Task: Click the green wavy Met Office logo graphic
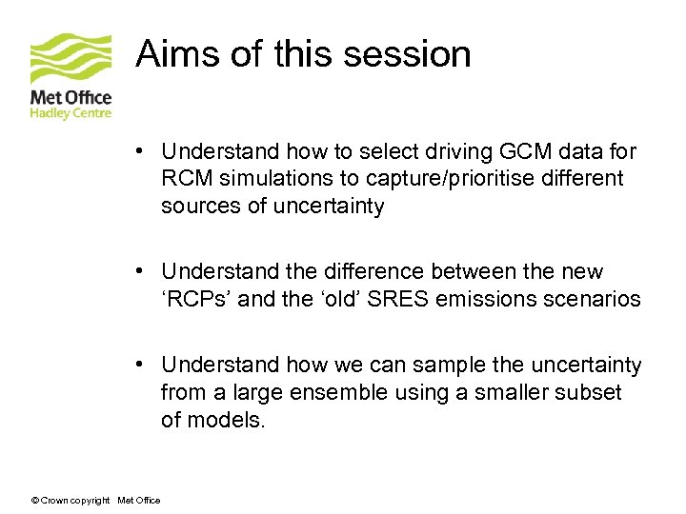pos(71,58)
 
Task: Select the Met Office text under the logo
pos(71,98)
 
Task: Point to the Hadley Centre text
pos(71,113)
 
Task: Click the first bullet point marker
pos(139,151)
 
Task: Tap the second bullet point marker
pos(139,272)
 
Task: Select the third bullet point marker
pos(139,366)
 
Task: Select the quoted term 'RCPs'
pos(196,299)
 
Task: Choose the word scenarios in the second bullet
pos(593,299)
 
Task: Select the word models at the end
pos(226,420)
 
